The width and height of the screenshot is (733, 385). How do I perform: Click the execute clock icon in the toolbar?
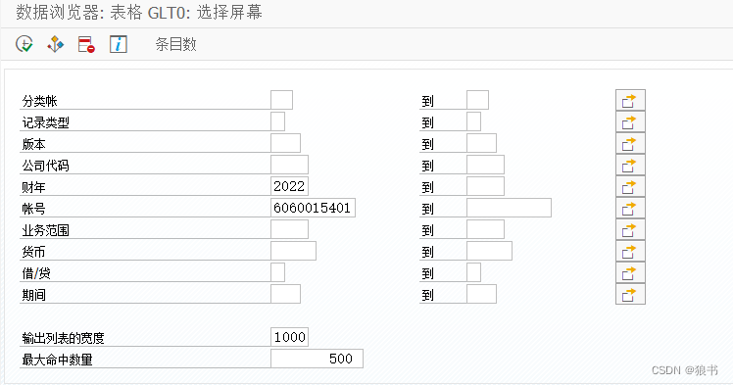(x=24, y=44)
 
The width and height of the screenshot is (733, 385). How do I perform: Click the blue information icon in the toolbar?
(x=118, y=44)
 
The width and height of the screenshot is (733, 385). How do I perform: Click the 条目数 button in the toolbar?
(x=175, y=44)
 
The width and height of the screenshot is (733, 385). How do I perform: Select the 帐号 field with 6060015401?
(x=314, y=208)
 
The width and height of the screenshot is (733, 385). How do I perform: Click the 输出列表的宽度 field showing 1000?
(x=289, y=337)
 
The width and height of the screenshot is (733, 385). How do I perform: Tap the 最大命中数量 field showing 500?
(x=317, y=359)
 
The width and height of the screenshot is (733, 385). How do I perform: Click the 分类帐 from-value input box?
(x=281, y=100)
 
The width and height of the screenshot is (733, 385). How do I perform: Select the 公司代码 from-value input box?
(x=289, y=165)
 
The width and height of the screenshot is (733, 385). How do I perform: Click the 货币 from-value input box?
(x=293, y=251)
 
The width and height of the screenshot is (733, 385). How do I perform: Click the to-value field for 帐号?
(x=509, y=208)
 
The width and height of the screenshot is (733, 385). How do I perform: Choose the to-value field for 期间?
(x=481, y=294)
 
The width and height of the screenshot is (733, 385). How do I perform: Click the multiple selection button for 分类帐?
(x=630, y=100)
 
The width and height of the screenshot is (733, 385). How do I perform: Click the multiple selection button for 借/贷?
(x=630, y=272)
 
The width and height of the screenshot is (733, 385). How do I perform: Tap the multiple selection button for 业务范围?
(x=630, y=229)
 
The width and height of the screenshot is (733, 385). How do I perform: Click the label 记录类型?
(x=45, y=122)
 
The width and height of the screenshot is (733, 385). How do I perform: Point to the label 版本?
(x=33, y=144)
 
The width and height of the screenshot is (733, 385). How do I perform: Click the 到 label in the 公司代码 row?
(x=427, y=166)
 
